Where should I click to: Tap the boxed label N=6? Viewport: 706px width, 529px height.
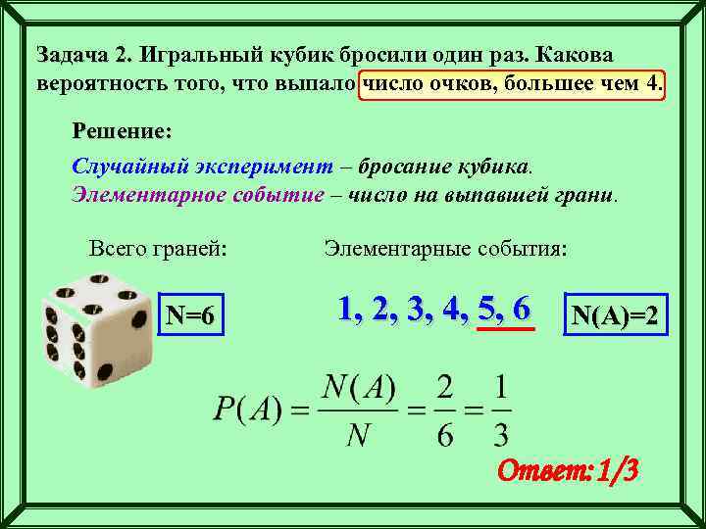[x=196, y=315]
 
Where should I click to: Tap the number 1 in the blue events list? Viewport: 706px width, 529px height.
[x=346, y=309]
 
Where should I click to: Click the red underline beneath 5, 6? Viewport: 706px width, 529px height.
[x=505, y=330]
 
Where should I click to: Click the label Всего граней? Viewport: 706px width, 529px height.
[x=158, y=249]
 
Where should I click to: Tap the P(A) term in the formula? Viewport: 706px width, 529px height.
[x=248, y=412]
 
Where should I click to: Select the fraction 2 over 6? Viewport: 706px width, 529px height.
[x=445, y=412]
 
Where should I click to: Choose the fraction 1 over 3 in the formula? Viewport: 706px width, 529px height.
[x=500, y=412]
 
